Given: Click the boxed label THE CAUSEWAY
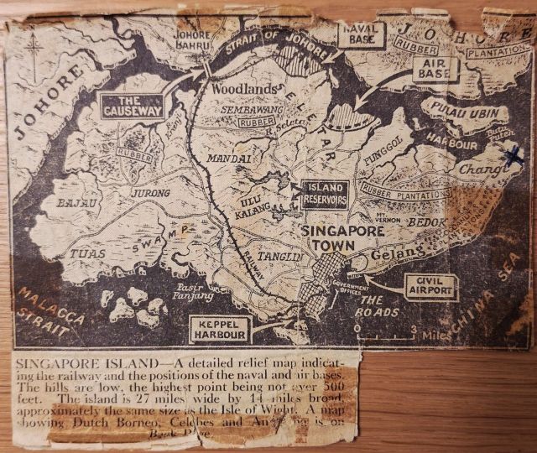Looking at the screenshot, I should click(131, 105).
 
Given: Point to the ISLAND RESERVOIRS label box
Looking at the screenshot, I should click(322, 194).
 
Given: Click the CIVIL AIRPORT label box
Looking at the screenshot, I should click(431, 285).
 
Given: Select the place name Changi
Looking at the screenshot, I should click(479, 170).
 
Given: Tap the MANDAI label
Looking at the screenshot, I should click(224, 157).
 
